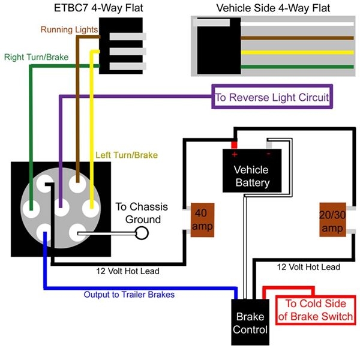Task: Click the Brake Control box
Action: click(250, 323)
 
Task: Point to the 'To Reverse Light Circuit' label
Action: click(272, 97)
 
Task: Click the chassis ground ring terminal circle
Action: click(142, 233)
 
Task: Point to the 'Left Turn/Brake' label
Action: click(126, 155)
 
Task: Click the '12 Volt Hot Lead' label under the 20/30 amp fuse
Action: click(308, 267)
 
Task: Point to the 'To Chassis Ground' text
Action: click(142, 213)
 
